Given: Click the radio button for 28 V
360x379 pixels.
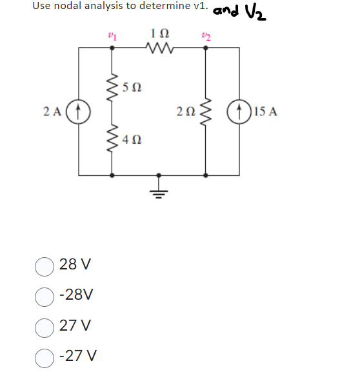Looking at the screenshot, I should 44,265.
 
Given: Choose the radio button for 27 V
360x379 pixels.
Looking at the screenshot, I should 44,325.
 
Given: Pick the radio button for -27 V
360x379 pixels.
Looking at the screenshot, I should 44,355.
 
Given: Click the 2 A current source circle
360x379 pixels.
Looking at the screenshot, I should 79,111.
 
